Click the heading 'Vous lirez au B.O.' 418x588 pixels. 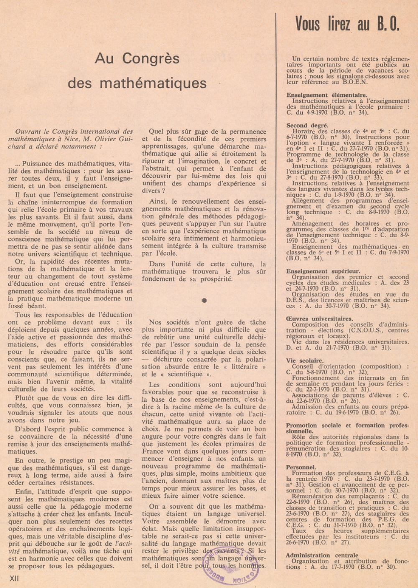347,24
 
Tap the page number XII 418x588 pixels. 15,578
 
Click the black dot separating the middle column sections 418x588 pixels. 204,300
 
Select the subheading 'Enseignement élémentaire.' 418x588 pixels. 321,95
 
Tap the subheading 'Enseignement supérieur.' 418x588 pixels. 323,271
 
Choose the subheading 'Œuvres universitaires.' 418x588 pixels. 319,319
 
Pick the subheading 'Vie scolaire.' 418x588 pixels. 305,360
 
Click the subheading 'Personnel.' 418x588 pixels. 301,467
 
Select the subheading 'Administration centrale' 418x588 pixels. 322,555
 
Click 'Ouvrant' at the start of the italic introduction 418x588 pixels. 28,132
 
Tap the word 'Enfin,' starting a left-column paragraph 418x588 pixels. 25,492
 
